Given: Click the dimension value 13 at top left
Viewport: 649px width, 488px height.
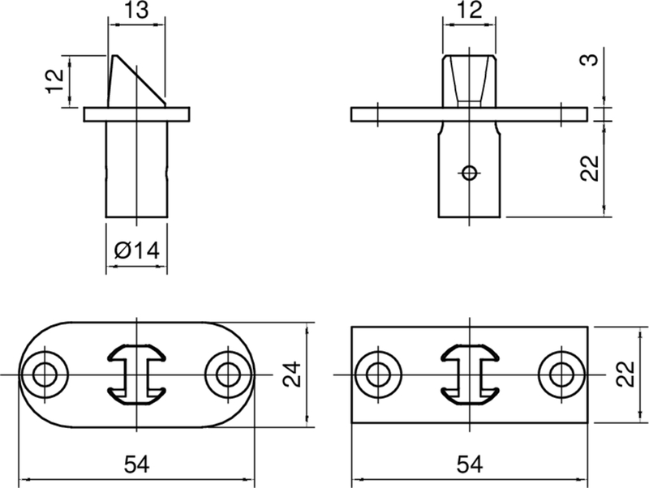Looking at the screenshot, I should [x=136, y=11].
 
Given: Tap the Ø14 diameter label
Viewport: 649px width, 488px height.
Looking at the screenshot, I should [x=136, y=251].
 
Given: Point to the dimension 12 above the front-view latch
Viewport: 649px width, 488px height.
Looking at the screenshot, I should [x=470, y=11].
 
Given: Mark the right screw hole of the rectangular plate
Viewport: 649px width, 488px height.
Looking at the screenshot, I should [x=560, y=375].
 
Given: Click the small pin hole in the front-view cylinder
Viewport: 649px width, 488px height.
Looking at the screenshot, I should [x=468, y=171].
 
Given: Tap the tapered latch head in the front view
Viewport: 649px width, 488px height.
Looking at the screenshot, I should [x=469, y=77].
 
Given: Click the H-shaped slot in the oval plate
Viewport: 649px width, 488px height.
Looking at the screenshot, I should [x=136, y=374].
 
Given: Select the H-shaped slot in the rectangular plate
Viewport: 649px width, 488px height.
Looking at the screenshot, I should [x=469, y=374].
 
